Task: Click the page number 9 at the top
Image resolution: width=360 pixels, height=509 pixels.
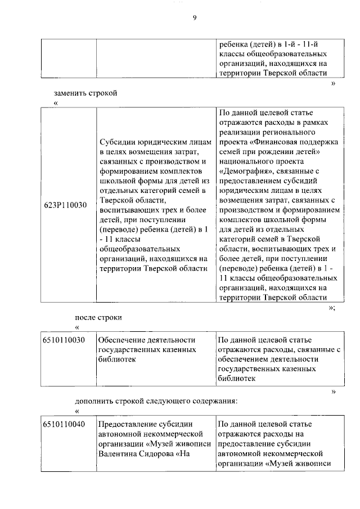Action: click(194, 18)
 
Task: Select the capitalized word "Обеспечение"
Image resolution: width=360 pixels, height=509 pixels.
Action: click(123, 340)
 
